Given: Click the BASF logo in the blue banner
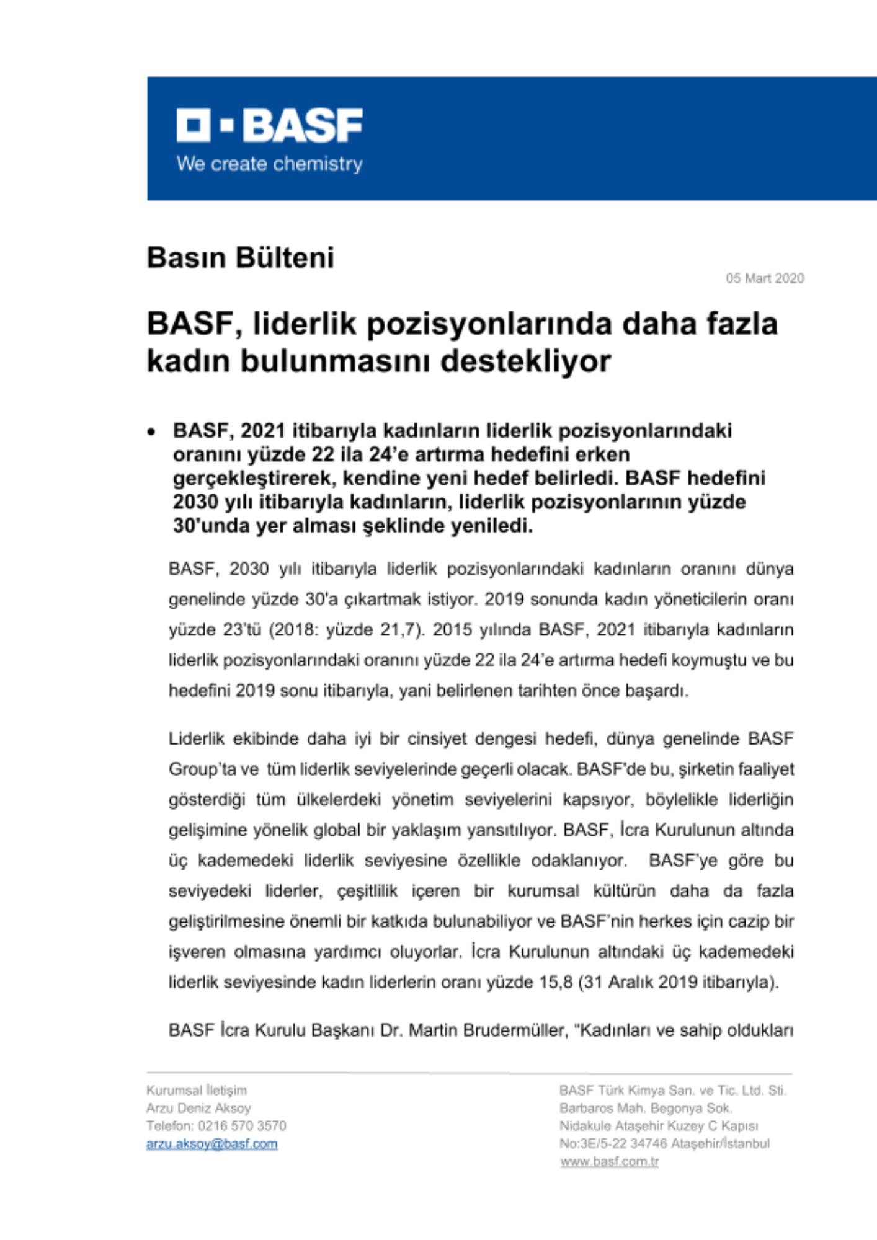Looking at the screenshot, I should [269, 126].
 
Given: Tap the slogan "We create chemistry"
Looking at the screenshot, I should [269, 164].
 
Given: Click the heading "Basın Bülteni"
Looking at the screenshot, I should [240, 258].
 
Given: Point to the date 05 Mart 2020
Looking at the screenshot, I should [765, 278].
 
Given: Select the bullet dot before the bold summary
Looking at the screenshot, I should [151, 432].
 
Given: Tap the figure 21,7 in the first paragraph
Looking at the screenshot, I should [400, 630].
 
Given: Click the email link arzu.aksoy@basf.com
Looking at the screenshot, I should [211, 1144].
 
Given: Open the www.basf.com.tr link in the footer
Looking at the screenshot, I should [609, 1162].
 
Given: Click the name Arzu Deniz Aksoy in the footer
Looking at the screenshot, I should [198, 1108].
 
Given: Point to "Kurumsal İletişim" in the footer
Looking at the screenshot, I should [196, 1090].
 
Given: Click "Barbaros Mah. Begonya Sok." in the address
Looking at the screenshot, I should [646, 1108].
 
